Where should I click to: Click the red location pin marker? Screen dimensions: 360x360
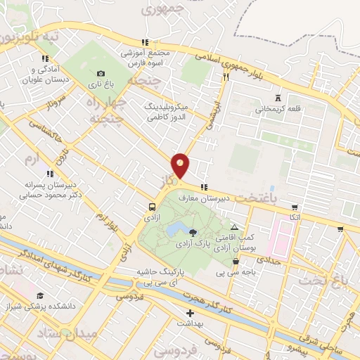click(x=181, y=165)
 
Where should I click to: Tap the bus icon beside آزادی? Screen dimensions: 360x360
click(x=153, y=207)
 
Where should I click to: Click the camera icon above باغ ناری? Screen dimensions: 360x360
click(x=101, y=73)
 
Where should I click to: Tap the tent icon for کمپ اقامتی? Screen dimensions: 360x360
click(x=235, y=227)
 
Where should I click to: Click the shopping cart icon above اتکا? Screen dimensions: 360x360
click(x=295, y=207)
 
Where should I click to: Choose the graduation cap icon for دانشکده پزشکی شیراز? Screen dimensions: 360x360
click(x=40, y=295)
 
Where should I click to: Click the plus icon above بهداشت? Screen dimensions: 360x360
click(x=189, y=313)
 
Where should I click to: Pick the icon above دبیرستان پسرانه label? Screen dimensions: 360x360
click(x=50, y=173)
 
